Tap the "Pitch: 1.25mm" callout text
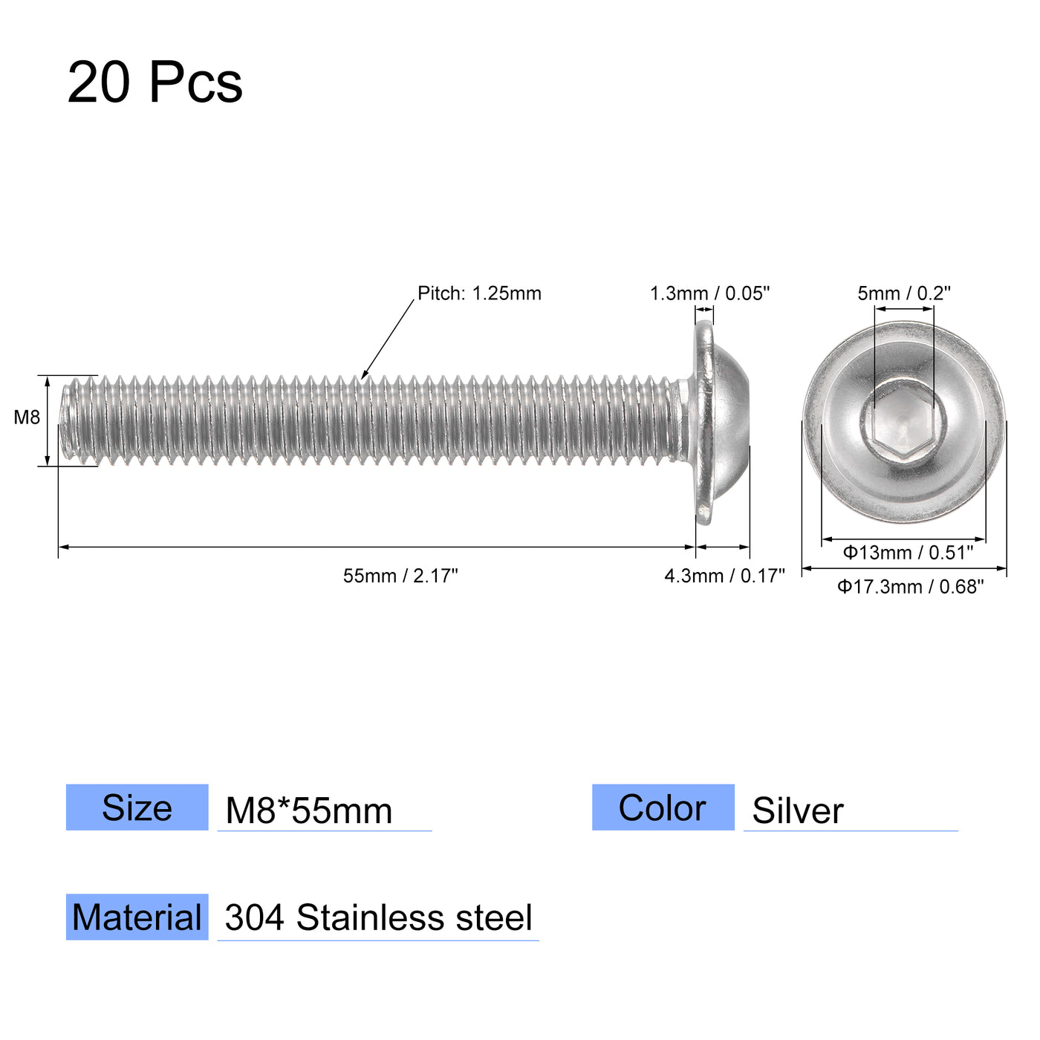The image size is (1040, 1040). (x=479, y=293)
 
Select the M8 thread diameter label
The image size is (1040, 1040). (x=27, y=417)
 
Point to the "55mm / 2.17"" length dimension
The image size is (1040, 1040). (x=400, y=576)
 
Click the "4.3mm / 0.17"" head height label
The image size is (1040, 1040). (x=724, y=576)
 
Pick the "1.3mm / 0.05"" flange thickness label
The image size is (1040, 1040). (x=709, y=293)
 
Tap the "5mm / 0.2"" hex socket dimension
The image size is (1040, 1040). (x=904, y=293)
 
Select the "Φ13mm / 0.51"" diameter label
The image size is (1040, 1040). (x=907, y=553)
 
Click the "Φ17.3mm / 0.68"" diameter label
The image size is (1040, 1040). (x=910, y=587)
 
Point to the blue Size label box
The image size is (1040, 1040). (x=137, y=807)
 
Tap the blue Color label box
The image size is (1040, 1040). (x=663, y=807)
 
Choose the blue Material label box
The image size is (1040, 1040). (x=137, y=917)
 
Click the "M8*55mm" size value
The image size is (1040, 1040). (x=308, y=810)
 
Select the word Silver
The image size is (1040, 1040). (x=797, y=810)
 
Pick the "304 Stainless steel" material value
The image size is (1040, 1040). (x=378, y=918)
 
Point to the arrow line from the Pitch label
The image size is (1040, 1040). (x=388, y=339)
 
